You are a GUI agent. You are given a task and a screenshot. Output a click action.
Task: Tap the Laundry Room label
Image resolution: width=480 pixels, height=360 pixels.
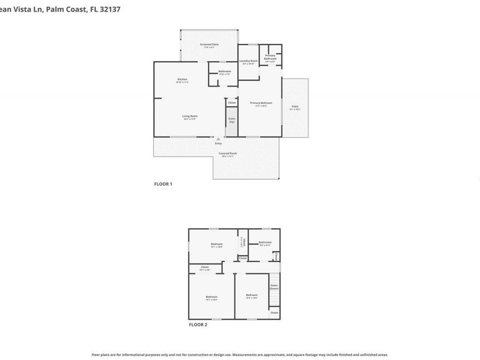pos(249,62)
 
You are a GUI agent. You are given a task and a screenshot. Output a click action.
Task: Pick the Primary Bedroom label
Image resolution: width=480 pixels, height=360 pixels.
pos(261,103)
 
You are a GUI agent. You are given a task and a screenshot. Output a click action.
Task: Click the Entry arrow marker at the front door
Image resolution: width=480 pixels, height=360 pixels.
pos(218,139)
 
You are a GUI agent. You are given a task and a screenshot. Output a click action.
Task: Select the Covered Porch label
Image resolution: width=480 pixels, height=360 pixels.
pos(228,154)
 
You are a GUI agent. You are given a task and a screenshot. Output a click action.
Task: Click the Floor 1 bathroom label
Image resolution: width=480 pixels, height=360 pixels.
pos(225,72)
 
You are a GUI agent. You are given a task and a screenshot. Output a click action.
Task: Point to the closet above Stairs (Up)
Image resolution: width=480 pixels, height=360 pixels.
pos(232,102)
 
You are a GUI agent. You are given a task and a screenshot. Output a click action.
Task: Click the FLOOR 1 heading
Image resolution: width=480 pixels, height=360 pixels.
pos(163,184)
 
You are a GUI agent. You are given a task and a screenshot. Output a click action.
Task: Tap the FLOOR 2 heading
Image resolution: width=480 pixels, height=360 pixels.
pos(198,324)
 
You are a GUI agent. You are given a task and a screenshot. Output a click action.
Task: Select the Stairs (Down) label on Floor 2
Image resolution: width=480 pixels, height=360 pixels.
pos(274,287)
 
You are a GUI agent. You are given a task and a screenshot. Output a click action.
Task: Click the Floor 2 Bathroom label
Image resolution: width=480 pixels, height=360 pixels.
pos(265,243)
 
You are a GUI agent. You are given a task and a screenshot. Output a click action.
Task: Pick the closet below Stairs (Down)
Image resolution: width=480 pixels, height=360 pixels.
pos(274,313)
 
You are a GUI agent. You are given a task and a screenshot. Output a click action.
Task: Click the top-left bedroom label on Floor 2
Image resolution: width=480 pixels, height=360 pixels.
pos(217,245)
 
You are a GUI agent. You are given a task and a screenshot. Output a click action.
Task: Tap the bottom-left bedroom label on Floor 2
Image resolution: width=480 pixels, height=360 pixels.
pos(212,298)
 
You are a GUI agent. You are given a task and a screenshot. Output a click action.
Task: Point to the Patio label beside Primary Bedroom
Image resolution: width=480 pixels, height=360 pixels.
pos(295,107)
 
